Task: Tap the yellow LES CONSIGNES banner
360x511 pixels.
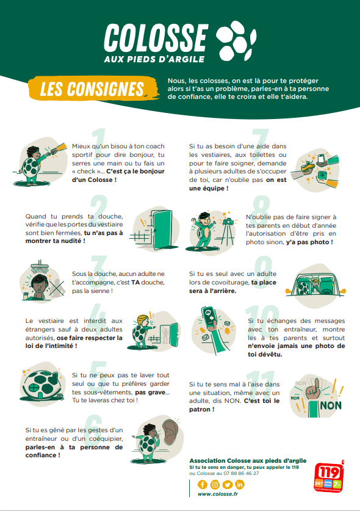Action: coord(93,89)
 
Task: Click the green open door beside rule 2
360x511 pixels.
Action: coord(162,230)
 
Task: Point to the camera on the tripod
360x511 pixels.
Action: coord(229,221)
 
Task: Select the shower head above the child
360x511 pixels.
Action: coord(40,266)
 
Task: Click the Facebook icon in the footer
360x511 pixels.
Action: coord(203,485)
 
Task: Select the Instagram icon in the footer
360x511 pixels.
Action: coord(215,485)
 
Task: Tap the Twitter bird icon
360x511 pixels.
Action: coord(228,485)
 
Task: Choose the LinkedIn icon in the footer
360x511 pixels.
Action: coord(239,485)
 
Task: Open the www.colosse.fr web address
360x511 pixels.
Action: coord(218,494)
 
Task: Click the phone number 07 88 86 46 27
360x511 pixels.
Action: coord(242,473)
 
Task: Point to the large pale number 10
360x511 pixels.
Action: coord(262,322)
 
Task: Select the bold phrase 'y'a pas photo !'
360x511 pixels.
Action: coord(309,242)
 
